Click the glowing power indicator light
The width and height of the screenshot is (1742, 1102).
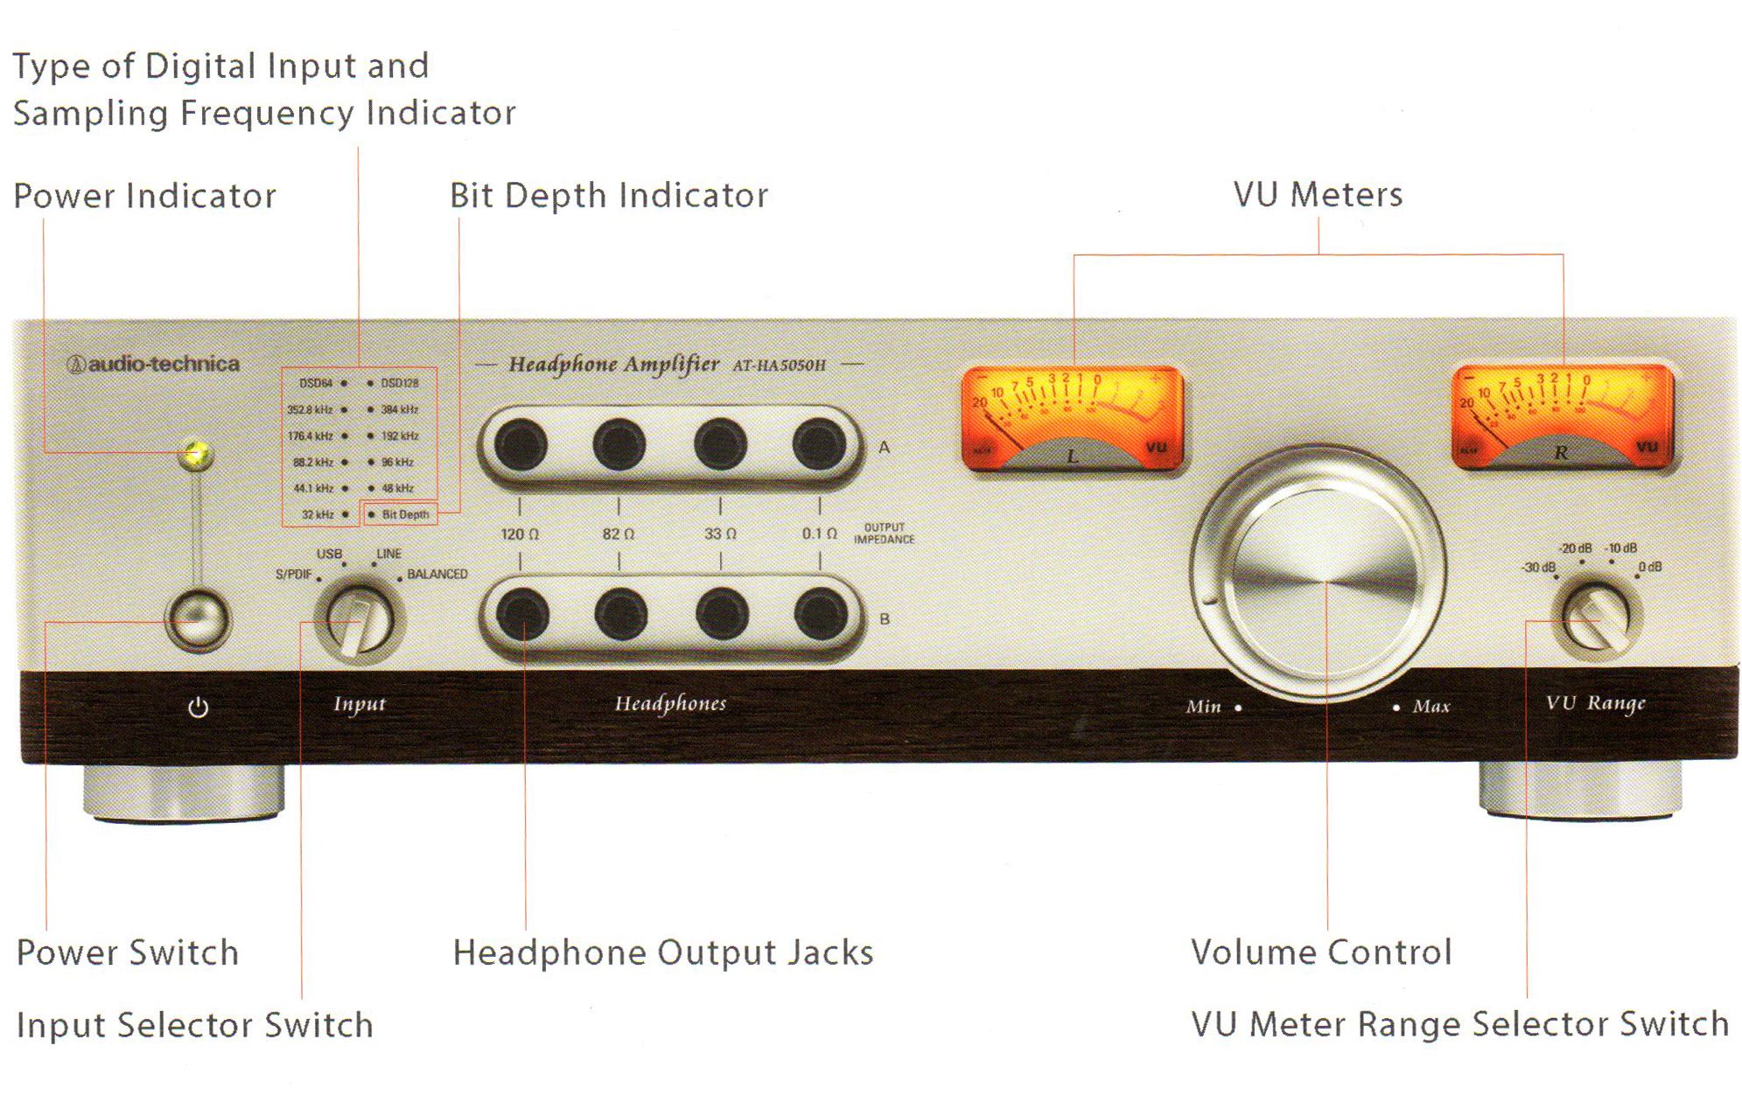click(x=196, y=453)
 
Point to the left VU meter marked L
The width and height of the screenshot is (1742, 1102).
click(x=1073, y=418)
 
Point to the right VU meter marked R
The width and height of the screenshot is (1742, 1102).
click(x=1563, y=416)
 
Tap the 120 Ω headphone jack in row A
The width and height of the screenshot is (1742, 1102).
click(x=521, y=445)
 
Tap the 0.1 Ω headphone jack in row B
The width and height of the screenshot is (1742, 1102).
click(x=820, y=614)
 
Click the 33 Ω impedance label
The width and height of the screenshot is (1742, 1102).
click(x=720, y=534)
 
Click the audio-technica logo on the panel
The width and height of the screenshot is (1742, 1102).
click(x=154, y=364)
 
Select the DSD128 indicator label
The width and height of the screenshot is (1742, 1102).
click(x=400, y=383)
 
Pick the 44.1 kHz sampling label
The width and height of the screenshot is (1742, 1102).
click(x=313, y=488)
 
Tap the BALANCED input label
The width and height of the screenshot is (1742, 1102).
click(x=437, y=574)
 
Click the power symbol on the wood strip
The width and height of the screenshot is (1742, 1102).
click(x=199, y=707)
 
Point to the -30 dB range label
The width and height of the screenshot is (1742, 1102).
click(x=1539, y=567)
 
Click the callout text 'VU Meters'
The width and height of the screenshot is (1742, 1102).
click(x=1318, y=194)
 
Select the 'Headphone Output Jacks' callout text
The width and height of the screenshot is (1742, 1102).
click(x=663, y=952)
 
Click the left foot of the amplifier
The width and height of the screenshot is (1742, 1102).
click(x=184, y=792)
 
